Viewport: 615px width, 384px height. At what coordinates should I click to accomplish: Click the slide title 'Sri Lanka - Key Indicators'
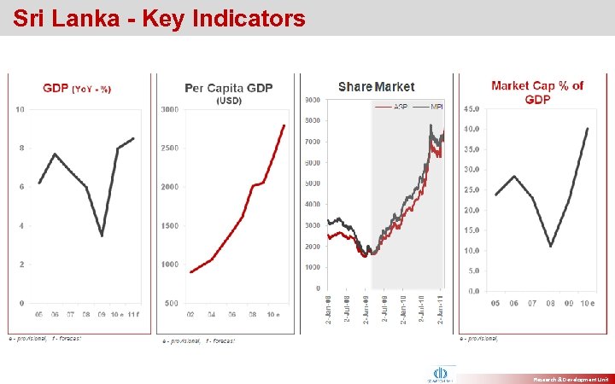tap(159, 18)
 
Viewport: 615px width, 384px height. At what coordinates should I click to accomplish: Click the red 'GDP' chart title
tap(57, 89)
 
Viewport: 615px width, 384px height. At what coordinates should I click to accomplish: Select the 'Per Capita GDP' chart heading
tap(228, 88)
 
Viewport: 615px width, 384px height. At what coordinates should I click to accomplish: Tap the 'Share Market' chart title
tap(376, 87)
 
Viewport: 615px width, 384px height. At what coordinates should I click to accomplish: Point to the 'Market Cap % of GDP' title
tap(537, 92)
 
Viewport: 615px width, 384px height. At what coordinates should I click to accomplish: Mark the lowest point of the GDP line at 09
tap(102, 236)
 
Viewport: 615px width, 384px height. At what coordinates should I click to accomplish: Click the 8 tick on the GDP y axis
tap(21, 148)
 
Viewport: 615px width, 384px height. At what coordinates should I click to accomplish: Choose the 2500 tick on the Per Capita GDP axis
tap(169, 148)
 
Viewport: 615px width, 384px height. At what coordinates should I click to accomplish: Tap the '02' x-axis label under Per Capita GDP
tap(191, 316)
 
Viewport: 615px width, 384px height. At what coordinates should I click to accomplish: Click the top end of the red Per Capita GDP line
tap(284, 125)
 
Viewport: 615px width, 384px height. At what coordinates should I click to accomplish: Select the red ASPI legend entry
tap(397, 107)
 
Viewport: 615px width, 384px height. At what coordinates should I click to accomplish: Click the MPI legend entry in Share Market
tap(431, 107)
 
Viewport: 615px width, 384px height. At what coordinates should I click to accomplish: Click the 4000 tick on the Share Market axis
tap(313, 205)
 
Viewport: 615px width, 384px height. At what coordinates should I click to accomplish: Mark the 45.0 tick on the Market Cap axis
tap(471, 109)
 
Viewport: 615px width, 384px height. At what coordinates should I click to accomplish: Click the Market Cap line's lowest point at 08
tap(551, 246)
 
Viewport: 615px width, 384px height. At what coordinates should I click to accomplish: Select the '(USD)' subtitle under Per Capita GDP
tap(228, 101)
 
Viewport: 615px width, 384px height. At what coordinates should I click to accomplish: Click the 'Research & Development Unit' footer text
tap(569, 376)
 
